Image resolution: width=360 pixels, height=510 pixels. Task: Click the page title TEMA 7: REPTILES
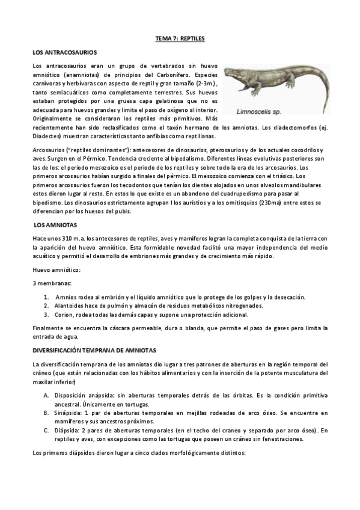180,38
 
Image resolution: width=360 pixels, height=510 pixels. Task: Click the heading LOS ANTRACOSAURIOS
65,53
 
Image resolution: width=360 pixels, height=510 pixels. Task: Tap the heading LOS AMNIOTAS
55,224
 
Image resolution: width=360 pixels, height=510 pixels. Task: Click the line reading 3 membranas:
52,283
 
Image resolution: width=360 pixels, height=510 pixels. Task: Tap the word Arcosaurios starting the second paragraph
49,149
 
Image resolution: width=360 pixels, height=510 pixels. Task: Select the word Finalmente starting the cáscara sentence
49,328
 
